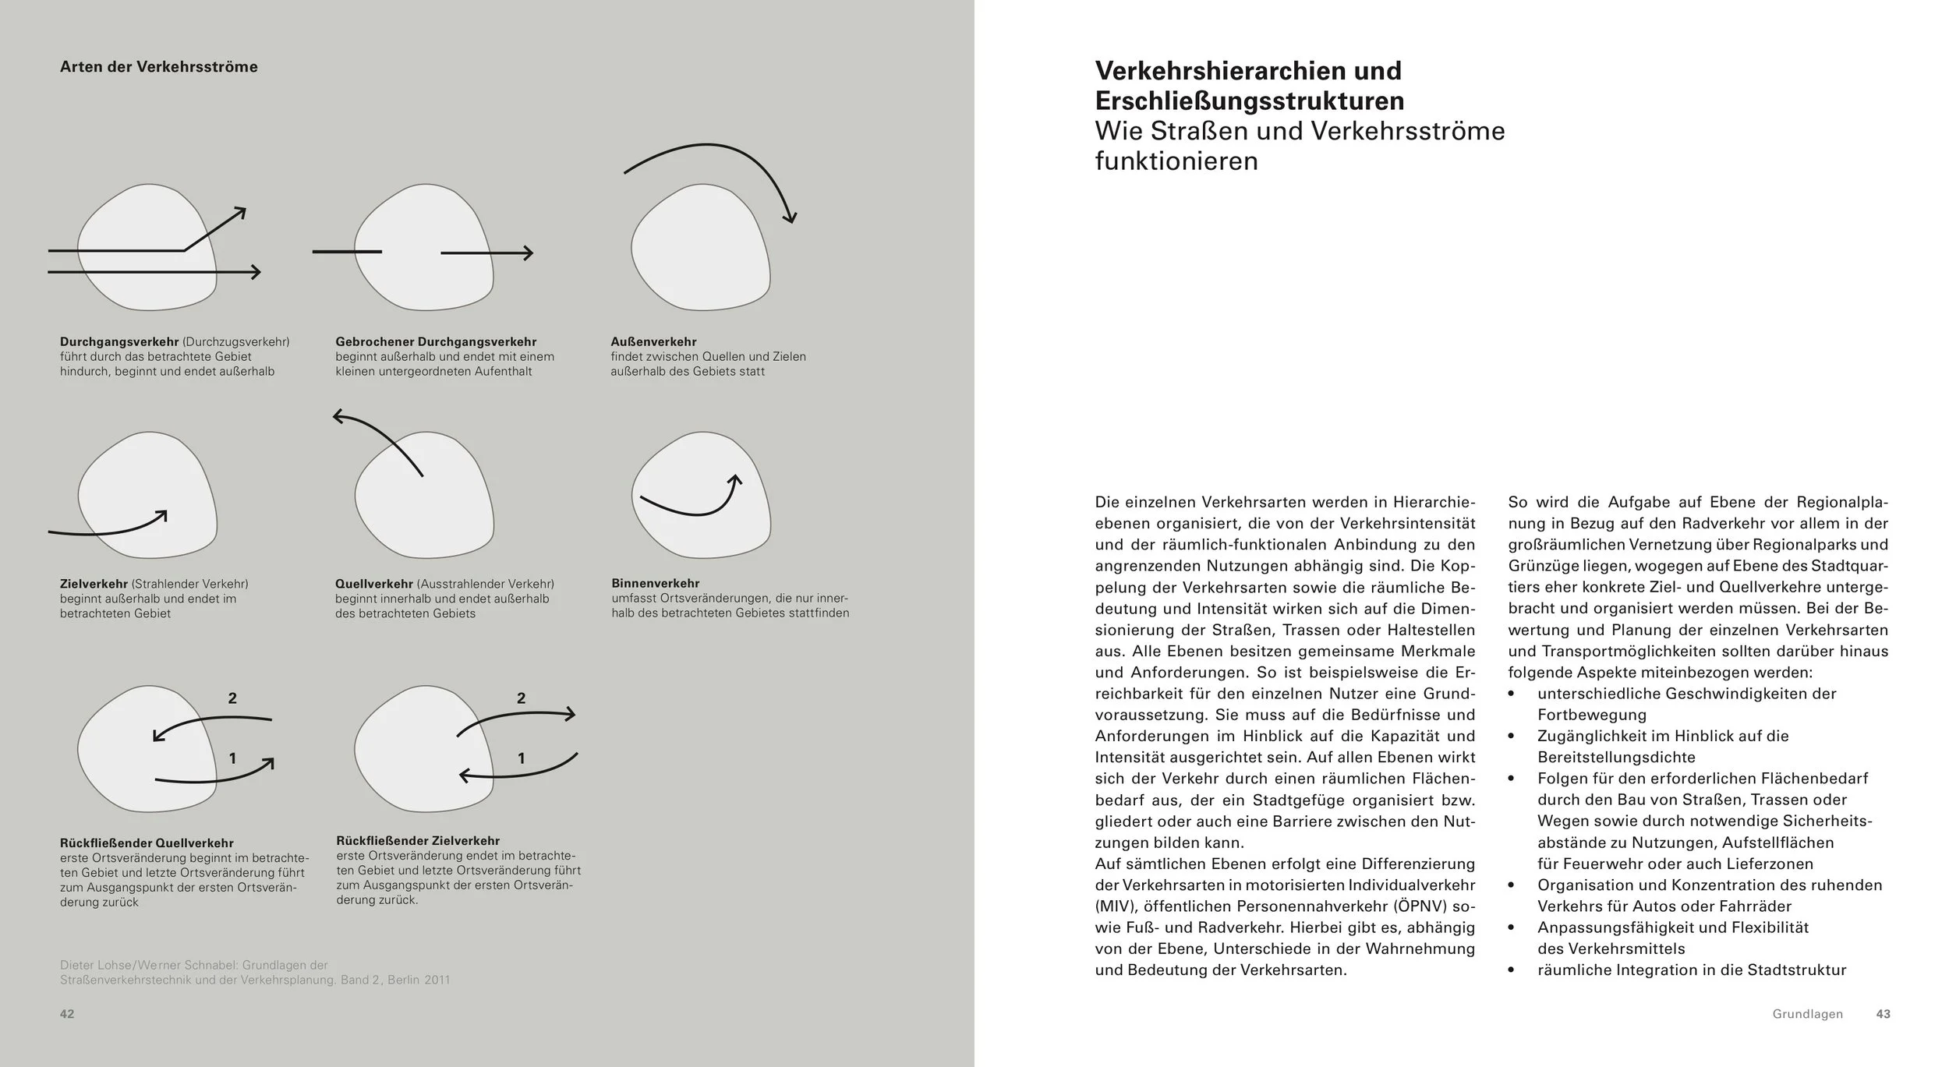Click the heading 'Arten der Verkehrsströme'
click(158, 67)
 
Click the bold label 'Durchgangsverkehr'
click(119, 341)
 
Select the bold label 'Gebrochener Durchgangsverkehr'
click(436, 341)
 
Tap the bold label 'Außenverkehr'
click(653, 341)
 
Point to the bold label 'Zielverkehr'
click(94, 584)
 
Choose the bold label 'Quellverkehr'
click(374, 584)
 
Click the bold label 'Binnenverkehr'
click(656, 583)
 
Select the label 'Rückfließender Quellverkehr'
click(147, 843)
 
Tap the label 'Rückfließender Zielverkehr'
click(418, 840)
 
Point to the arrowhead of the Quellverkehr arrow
click(338, 417)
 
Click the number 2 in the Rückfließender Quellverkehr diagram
click(232, 698)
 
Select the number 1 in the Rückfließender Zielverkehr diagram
click(522, 758)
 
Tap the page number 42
click(67, 1014)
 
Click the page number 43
click(1883, 1014)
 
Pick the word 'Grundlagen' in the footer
click(1807, 1014)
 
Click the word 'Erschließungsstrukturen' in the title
click(1249, 101)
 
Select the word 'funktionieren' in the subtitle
click(1176, 161)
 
